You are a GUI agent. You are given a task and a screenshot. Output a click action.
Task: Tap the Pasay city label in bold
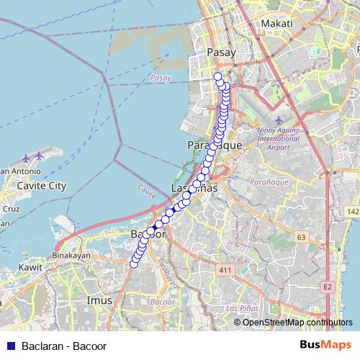[221, 53]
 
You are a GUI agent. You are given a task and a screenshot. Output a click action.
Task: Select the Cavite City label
[41, 186]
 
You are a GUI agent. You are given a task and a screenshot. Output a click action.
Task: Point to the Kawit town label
[32, 267]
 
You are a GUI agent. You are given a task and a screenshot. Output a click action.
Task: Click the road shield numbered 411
[225, 270]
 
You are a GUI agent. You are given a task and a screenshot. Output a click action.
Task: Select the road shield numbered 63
[301, 236]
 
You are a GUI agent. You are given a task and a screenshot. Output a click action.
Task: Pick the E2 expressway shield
[328, 287]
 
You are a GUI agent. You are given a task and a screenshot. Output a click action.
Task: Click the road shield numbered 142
[352, 212]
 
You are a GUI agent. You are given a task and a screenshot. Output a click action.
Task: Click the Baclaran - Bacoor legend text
[64, 346]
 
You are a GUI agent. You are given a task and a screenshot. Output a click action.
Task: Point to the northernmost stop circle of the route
[218, 76]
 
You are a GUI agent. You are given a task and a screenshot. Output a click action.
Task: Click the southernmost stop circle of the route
[133, 265]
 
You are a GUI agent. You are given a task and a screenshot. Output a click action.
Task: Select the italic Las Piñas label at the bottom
[241, 308]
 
